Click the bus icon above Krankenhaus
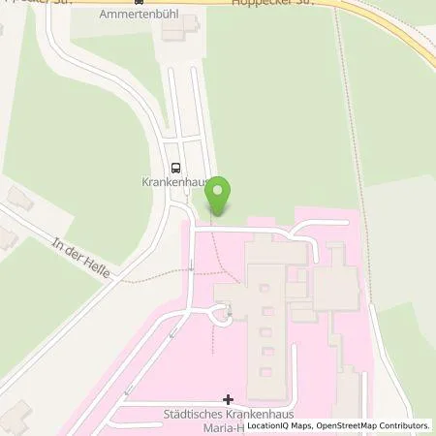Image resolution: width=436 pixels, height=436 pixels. (175, 167)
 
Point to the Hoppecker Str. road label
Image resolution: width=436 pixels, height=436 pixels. (290, 4)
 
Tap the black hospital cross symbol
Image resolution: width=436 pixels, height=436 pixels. (228, 398)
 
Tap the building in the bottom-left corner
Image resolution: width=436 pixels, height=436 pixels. (14, 419)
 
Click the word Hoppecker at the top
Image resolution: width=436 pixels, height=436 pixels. (277, 4)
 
